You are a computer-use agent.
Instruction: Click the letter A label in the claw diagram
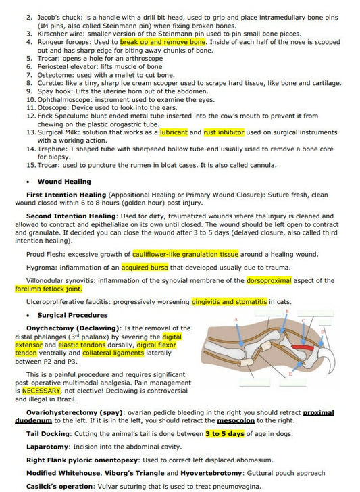click(x=236, y=318)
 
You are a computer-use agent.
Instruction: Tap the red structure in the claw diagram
click(x=305, y=349)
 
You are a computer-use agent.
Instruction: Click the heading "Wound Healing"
click(x=64, y=182)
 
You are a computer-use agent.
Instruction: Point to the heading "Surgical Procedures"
click(x=73, y=315)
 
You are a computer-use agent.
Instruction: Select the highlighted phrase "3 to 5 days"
click(x=224, y=433)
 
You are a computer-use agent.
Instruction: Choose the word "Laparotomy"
click(x=47, y=447)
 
